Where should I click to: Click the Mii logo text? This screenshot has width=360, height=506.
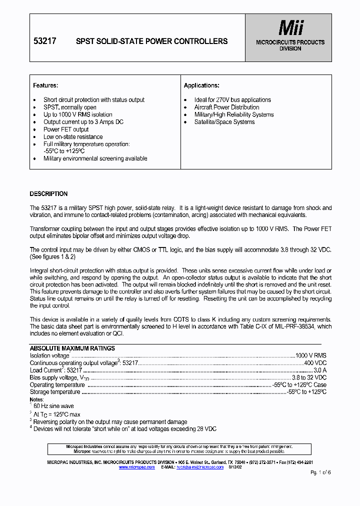tap(290, 28)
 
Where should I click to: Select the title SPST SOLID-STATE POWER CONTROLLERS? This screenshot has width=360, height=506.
tap(151, 41)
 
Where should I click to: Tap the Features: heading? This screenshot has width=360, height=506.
tap(45, 85)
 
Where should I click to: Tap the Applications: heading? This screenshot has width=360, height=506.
tap(201, 85)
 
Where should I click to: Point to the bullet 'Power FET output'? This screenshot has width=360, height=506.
tap(66, 129)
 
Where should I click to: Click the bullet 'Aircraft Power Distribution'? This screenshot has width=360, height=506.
tap(226, 107)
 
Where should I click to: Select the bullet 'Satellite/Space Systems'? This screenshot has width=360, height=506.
tap(224, 122)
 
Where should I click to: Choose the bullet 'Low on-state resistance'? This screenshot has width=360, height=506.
tap(73, 137)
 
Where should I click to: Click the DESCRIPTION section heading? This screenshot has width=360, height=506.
tap(48, 194)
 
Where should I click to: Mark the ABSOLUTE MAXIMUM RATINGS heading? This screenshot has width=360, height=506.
tap(72, 348)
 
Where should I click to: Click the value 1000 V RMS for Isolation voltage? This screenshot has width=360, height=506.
tap(310, 355)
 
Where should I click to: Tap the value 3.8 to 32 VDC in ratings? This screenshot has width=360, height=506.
tap(309, 378)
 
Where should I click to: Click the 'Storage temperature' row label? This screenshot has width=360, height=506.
tap(54, 392)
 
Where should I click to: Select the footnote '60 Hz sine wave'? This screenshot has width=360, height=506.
tap(53, 406)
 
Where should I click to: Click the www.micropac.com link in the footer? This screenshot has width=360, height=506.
tap(136, 466)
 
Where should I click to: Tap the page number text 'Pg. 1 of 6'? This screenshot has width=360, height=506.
tap(320, 472)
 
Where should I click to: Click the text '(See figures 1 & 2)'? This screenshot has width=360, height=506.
tap(52, 256)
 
